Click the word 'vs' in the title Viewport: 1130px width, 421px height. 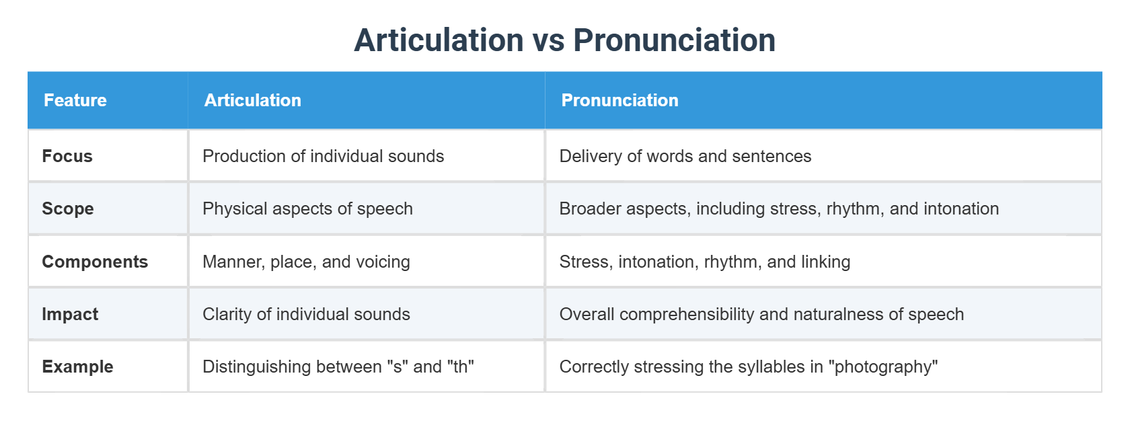(x=548, y=40)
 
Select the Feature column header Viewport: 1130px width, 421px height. (x=75, y=100)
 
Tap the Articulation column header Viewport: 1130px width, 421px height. (x=253, y=100)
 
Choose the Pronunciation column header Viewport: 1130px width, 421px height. (x=619, y=100)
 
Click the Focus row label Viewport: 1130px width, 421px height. (x=67, y=156)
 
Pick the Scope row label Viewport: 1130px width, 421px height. (x=68, y=208)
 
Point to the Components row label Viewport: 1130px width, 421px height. (x=95, y=262)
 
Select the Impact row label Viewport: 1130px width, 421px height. (x=70, y=314)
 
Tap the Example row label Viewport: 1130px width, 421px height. (x=77, y=367)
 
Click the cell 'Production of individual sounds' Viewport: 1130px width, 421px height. (x=323, y=156)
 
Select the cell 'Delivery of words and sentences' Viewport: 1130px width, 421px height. (x=685, y=156)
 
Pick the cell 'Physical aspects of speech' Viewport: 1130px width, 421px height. (x=307, y=208)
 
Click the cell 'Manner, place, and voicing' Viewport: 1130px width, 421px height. (x=306, y=262)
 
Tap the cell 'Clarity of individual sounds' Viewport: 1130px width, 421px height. (x=306, y=314)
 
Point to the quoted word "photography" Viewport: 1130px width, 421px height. (x=883, y=367)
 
